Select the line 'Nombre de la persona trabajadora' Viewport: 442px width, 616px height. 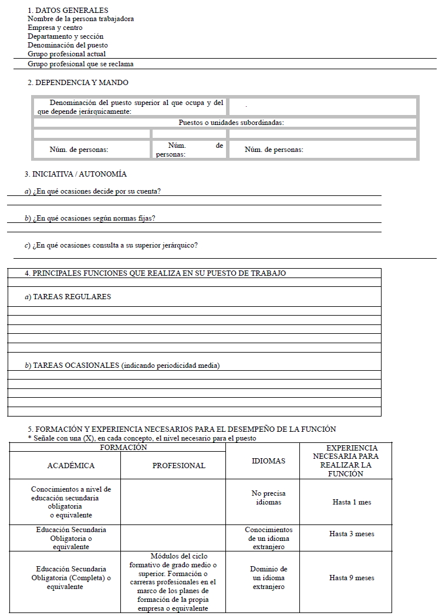80,19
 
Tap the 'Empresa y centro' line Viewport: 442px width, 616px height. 55,28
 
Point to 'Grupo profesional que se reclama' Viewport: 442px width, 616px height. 85,63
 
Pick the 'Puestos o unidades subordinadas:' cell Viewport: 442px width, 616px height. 231,123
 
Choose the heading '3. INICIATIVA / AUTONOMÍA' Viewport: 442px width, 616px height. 75,174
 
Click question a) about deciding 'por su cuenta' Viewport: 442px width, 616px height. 93,191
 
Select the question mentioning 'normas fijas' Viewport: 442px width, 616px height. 90,218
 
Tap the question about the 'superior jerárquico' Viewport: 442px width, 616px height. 111,245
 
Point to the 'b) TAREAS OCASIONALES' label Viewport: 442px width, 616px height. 122,365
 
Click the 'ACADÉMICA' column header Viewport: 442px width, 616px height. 70,466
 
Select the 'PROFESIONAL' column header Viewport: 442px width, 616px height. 178,466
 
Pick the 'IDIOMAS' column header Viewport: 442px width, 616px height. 268,461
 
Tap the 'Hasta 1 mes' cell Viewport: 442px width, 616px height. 352,502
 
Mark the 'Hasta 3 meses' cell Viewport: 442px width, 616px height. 352,534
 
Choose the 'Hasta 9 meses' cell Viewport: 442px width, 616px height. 352,578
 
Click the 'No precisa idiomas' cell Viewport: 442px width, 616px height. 268,497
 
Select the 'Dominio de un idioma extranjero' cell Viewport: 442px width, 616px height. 268,578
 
